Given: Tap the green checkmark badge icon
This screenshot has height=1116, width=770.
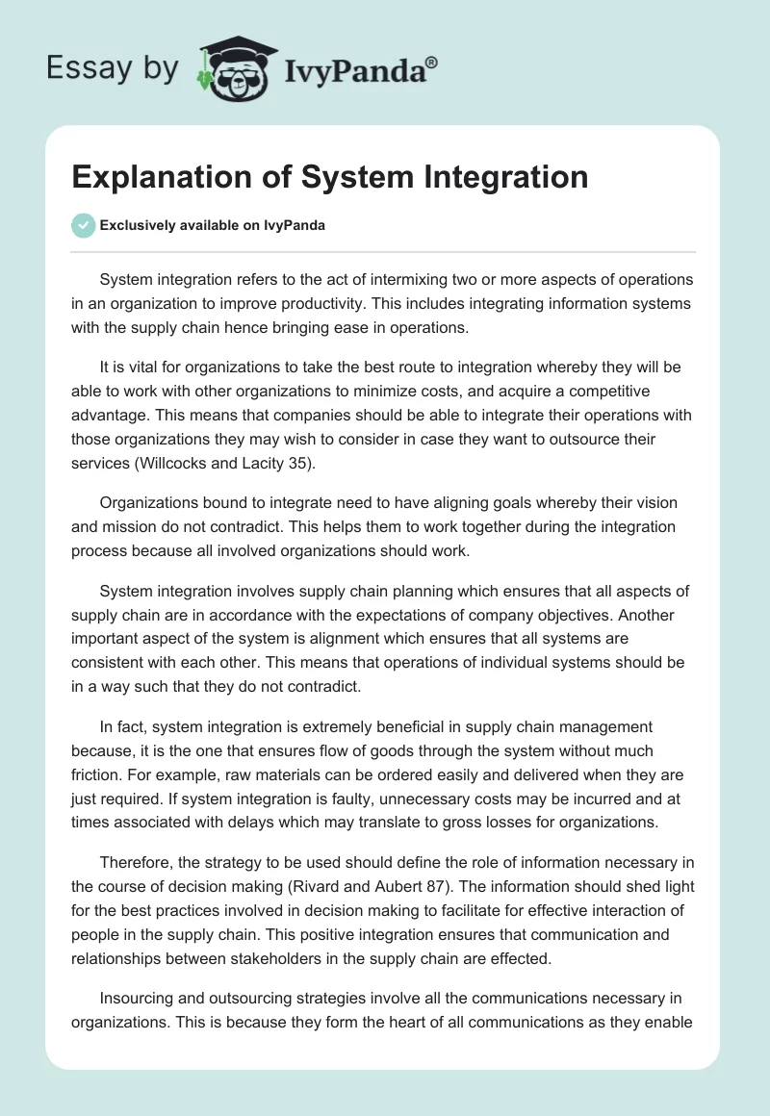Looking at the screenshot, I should (x=83, y=225).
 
